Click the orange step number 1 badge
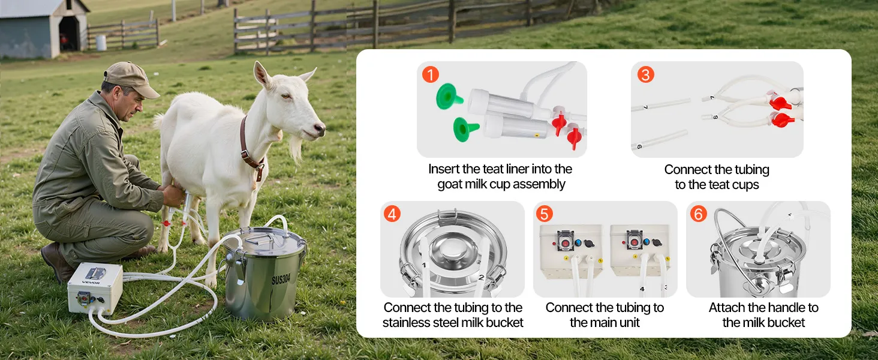point(431,74)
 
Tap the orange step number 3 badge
point(645,74)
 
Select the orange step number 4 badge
point(392,214)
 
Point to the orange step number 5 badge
point(545,214)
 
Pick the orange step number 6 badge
point(699,214)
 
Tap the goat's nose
point(321,128)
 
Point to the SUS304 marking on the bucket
point(281,279)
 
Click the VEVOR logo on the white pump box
point(91,283)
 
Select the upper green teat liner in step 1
point(449,96)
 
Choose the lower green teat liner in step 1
point(465,129)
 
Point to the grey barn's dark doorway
point(69,34)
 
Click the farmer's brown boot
point(59,262)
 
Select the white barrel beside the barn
point(101,43)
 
